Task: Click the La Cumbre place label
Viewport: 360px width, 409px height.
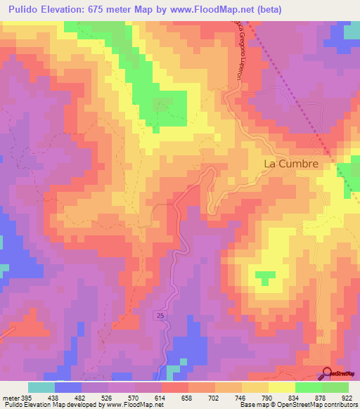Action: (x=290, y=164)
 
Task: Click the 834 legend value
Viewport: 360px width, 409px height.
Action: (x=295, y=396)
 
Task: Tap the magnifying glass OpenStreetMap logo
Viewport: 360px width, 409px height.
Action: (x=328, y=373)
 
